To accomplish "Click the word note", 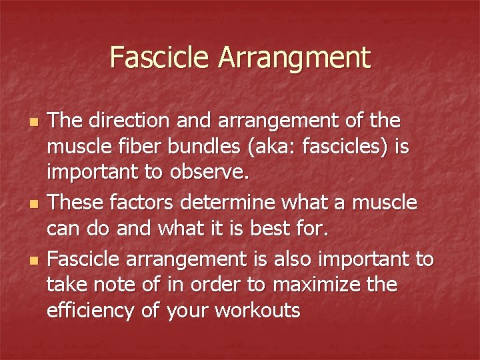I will (x=121, y=285).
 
